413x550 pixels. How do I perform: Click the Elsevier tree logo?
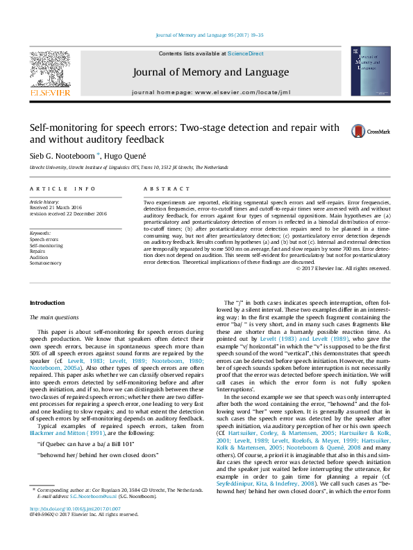[x=49, y=69]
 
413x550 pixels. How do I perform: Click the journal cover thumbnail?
[x=365, y=71]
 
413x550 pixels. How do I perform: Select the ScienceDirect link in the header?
[x=246, y=53]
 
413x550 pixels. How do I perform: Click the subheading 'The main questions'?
[x=57, y=317]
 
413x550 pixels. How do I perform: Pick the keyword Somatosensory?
[x=45, y=264]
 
